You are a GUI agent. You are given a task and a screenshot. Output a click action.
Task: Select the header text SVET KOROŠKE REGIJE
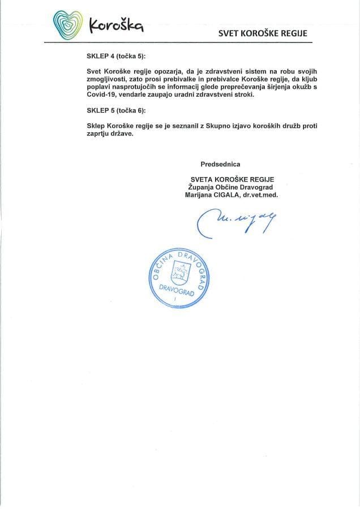pyautogui.click(x=263, y=33)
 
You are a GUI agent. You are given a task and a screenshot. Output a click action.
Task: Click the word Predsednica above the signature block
pyautogui.click(x=220, y=164)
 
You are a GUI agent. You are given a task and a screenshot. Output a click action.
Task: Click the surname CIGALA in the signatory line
pyautogui.click(x=224, y=194)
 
